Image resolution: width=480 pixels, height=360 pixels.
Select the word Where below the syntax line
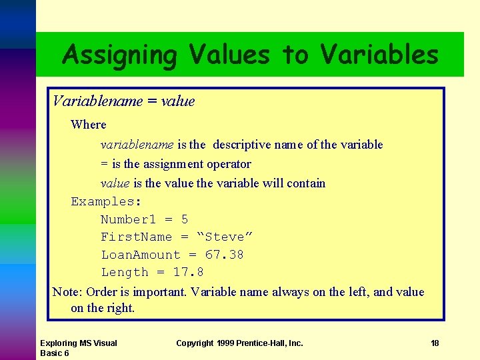click(88, 125)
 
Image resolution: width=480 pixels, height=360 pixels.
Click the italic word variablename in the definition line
click(137, 145)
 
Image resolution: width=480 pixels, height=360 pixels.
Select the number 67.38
click(224, 255)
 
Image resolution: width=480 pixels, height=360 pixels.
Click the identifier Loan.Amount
click(141, 255)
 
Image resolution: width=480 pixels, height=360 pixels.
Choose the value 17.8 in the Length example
click(188, 272)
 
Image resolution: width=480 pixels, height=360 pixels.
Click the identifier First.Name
click(136, 237)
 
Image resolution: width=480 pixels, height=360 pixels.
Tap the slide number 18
click(435, 343)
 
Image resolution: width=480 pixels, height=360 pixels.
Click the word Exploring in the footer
click(59, 343)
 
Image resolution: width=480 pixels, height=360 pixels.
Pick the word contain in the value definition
click(306, 183)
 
